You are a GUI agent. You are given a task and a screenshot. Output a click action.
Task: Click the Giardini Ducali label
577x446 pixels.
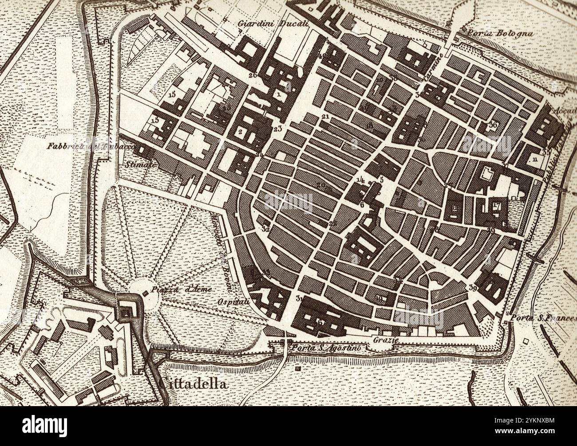[273, 24]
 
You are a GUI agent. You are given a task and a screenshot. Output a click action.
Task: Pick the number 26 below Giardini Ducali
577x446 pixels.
[253, 75]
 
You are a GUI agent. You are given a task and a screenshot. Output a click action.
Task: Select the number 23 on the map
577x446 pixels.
[278, 129]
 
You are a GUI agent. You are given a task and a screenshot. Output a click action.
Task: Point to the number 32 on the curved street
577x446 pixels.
[266, 229]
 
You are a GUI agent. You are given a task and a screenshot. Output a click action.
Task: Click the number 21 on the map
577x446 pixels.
[325, 117]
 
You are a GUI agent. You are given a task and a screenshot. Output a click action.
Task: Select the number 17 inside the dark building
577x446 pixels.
[496, 206]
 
